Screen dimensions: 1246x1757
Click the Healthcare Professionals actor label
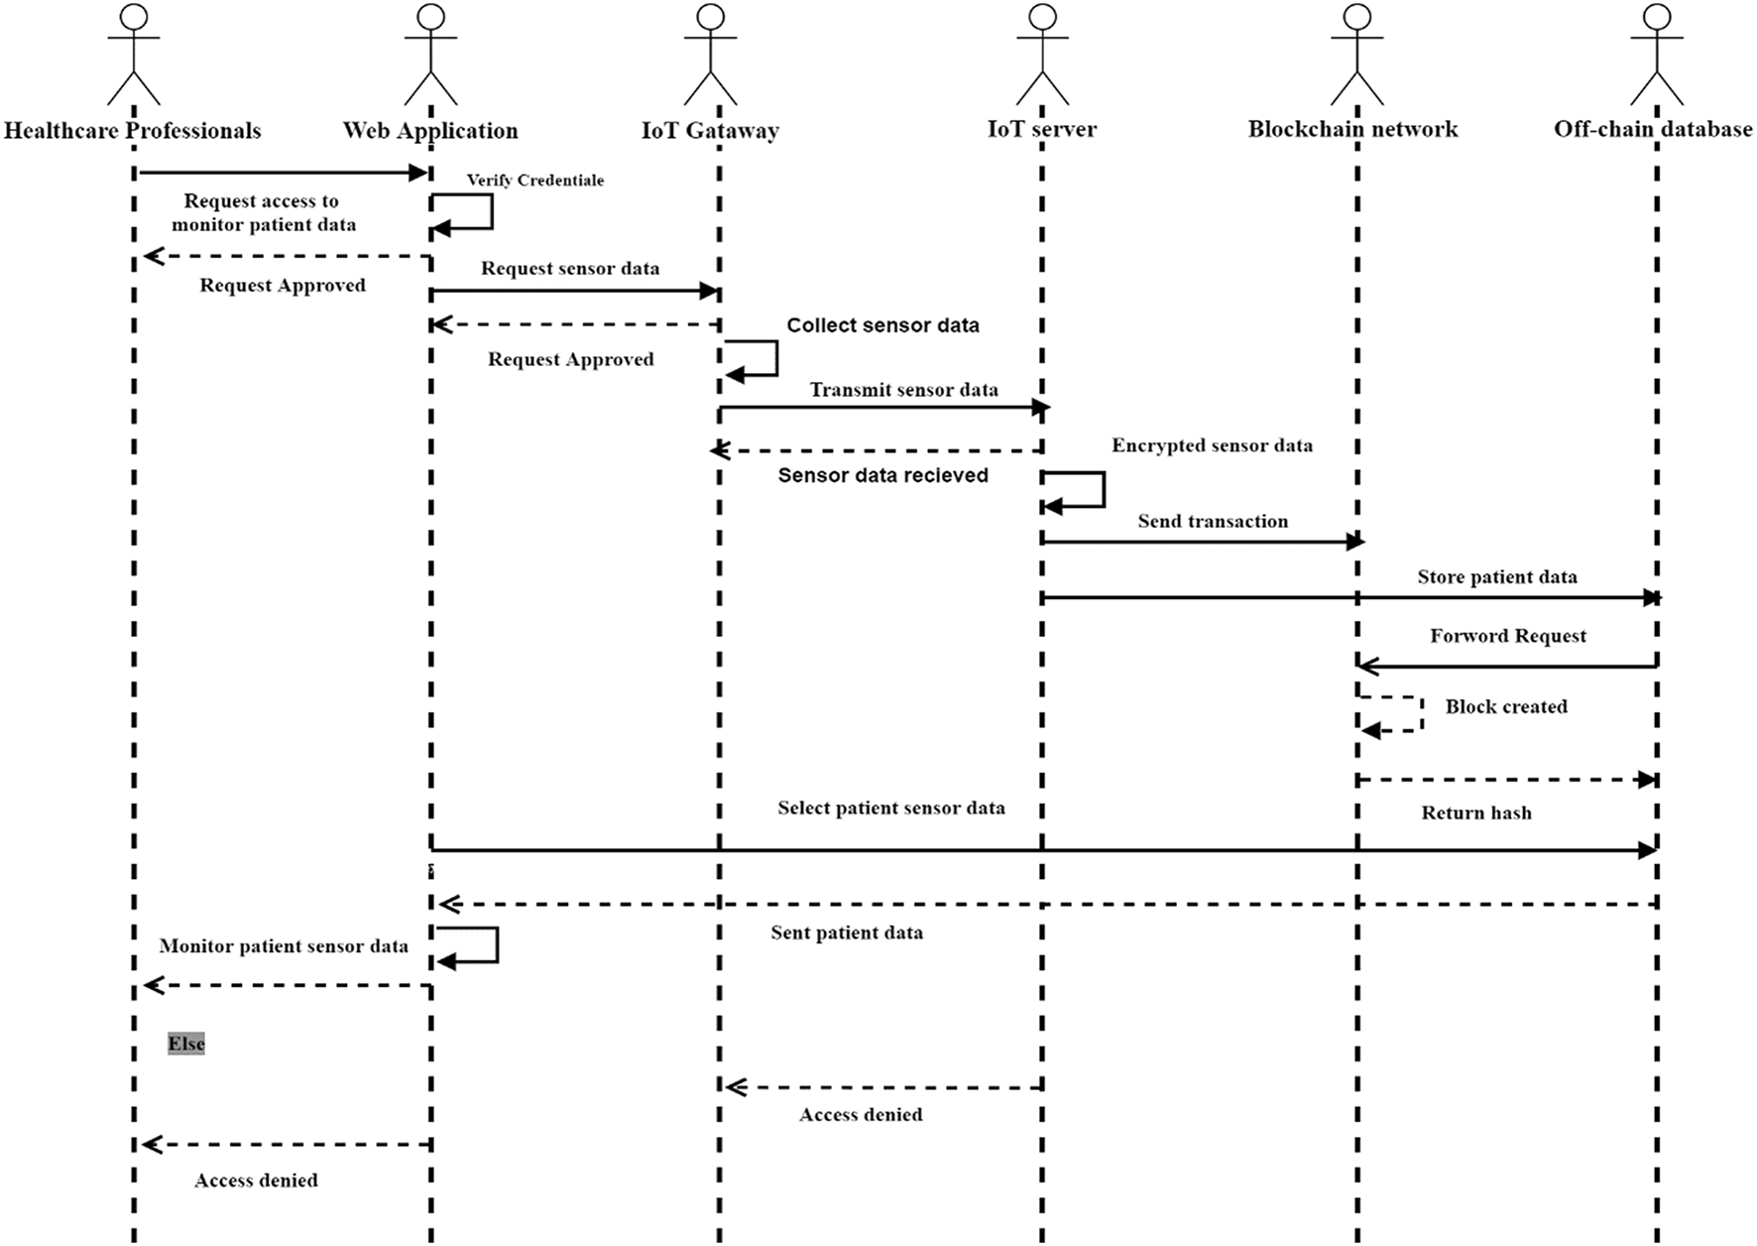click(x=133, y=131)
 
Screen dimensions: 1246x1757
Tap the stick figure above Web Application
click(x=430, y=55)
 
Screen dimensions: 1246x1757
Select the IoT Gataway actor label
click(x=710, y=131)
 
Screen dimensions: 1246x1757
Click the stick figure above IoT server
click(x=1042, y=55)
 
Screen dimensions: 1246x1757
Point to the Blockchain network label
click(x=1352, y=129)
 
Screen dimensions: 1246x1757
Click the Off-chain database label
click(x=1652, y=129)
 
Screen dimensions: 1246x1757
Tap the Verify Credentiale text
click(x=535, y=181)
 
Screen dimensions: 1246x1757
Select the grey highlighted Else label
click(x=186, y=1044)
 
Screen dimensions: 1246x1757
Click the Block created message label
click(x=1506, y=707)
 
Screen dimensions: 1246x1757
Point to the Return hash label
click(x=1476, y=813)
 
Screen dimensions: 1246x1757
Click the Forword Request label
click(x=1507, y=636)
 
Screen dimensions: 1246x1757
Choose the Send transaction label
click(x=1213, y=522)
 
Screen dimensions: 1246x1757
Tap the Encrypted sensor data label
click(x=1212, y=445)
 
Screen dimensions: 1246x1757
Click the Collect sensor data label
click(x=882, y=325)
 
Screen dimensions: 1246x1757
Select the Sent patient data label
click(x=847, y=933)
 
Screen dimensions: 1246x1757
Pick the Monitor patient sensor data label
click(x=284, y=946)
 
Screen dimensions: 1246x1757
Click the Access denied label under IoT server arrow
click(x=861, y=1115)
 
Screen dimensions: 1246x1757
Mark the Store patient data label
click(x=1496, y=577)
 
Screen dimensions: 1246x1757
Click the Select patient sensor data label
click(x=890, y=809)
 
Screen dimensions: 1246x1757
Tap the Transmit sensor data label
click(x=903, y=390)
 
